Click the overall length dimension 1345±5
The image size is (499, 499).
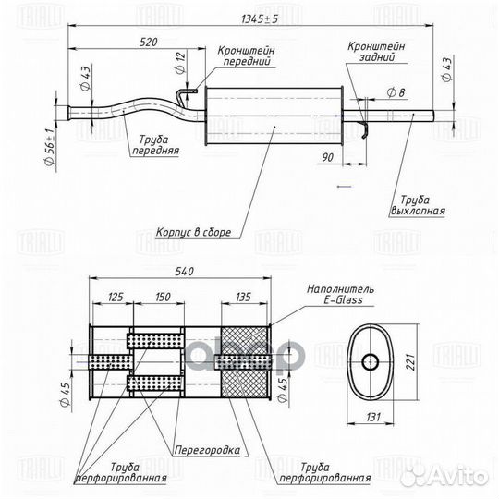(x=260, y=19)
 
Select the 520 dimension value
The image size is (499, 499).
(x=149, y=43)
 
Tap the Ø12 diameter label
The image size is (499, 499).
(x=180, y=63)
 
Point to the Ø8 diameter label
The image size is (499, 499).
(x=396, y=92)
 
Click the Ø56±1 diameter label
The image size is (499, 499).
(x=49, y=147)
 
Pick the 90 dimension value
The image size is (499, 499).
(x=327, y=157)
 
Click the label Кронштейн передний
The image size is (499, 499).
(x=247, y=55)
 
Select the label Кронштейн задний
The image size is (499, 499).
(x=376, y=51)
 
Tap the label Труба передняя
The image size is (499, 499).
(x=155, y=145)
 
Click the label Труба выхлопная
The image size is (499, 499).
(x=418, y=205)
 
